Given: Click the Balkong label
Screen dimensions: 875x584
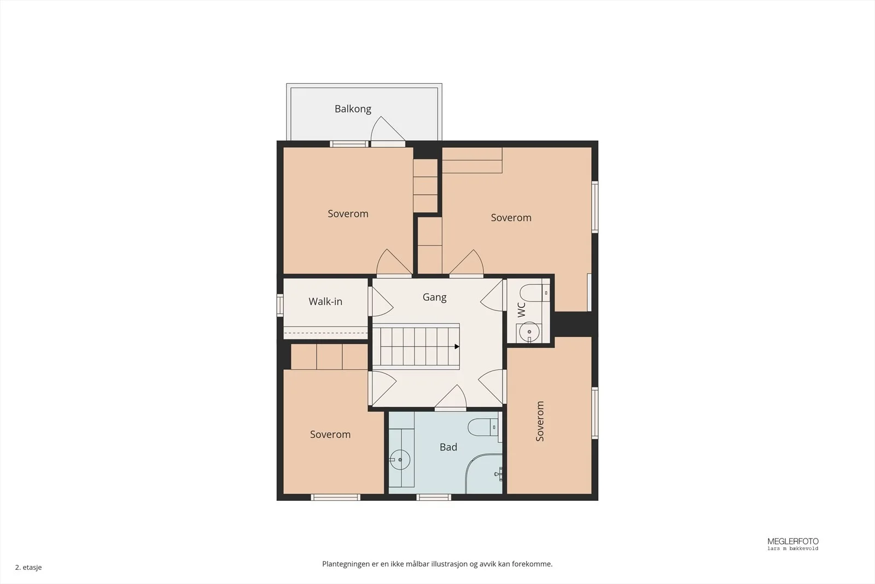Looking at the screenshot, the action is tap(353, 109).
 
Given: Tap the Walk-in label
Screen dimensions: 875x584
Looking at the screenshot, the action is tap(325, 302).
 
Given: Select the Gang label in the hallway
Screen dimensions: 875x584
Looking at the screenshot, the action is tap(434, 297).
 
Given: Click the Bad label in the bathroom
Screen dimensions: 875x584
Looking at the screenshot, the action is tap(448, 447).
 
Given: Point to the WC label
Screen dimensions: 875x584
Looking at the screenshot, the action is tap(522, 309).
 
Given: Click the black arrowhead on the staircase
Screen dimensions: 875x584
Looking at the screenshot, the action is tap(457, 346).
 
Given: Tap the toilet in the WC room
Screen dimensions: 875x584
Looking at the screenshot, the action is tap(535, 293).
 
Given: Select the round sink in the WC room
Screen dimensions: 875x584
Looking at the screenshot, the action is tap(529, 332).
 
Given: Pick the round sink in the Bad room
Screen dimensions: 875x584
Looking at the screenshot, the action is tap(400, 460).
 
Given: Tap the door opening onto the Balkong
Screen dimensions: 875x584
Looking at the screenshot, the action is tap(388, 131).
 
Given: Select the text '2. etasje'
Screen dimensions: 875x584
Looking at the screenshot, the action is tap(28, 567).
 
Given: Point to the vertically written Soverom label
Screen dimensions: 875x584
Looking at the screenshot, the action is tap(540, 421).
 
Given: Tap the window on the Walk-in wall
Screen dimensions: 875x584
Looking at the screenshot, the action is tap(279, 305).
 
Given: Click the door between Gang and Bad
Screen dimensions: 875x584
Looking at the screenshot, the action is tap(451, 397).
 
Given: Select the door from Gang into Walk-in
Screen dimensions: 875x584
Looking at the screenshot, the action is tap(381, 302).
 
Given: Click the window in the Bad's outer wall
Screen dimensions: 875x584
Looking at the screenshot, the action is tap(434, 497).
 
